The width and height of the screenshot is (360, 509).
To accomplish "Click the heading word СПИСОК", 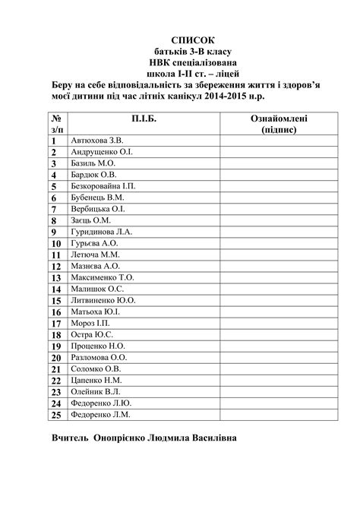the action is [x=193, y=40].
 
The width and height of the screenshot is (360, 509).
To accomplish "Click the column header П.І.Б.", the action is [x=133, y=119].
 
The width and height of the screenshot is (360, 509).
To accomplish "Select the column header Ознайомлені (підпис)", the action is [x=279, y=125].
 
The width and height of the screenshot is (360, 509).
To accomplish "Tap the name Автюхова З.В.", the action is [x=96, y=141].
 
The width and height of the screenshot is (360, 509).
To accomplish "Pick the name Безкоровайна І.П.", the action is [x=103, y=186].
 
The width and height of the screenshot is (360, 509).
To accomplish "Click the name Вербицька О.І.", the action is [x=97, y=209].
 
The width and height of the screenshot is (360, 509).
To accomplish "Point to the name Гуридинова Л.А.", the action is [x=102, y=232].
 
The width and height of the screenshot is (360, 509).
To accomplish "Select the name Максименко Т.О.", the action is [x=102, y=278].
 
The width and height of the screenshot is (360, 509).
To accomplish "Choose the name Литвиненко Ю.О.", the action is [x=103, y=301].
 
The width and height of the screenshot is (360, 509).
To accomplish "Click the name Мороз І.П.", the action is [x=90, y=324].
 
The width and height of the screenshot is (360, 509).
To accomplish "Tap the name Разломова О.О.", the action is [x=99, y=358].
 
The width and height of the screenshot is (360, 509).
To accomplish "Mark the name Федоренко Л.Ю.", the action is [x=101, y=403].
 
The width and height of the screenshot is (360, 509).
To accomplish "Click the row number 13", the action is [x=56, y=278].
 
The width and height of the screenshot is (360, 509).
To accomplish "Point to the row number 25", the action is [x=56, y=416].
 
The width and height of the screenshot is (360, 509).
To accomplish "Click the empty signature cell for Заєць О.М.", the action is [x=279, y=220].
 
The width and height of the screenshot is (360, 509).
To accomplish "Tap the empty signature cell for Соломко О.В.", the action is [x=279, y=369].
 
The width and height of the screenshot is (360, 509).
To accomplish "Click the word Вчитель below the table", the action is [x=71, y=439].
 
